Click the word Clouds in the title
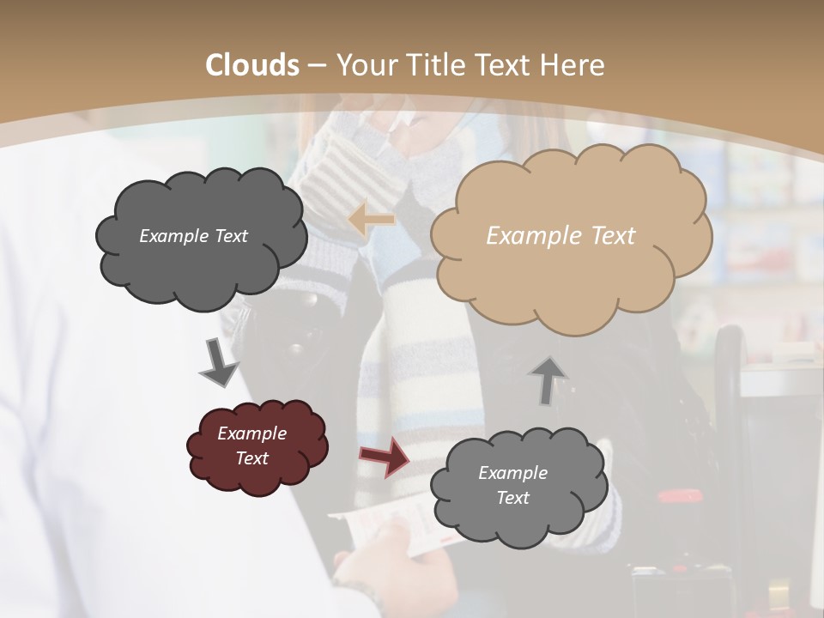pyautogui.click(x=253, y=65)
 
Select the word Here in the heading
pyautogui.click(x=574, y=65)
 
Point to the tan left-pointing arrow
pyautogui.click(x=372, y=220)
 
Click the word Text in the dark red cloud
pyautogui.click(x=251, y=458)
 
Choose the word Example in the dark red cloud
pyautogui.click(x=251, y=433)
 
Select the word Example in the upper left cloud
pyautogui.click(x=170, y=236)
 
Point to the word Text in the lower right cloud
pyautogui.click(x=512, y=498)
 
